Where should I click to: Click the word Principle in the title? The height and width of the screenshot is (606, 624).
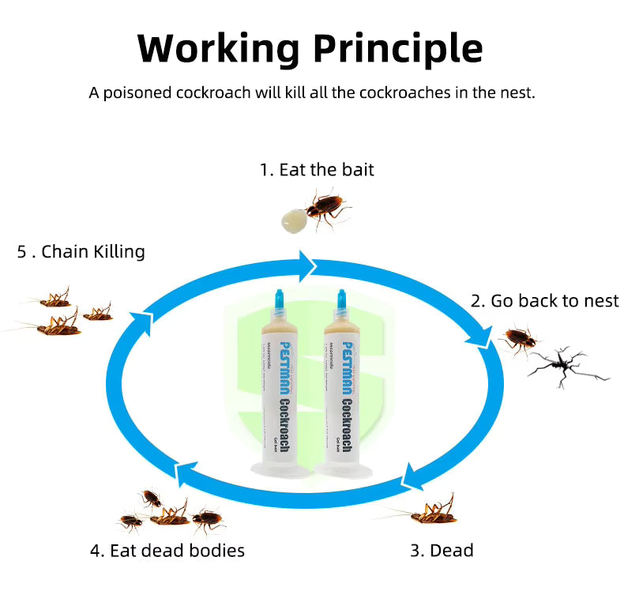(397, 48)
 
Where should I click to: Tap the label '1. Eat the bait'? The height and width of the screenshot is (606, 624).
(317, 169)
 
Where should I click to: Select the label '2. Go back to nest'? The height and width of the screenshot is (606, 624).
(545, 300)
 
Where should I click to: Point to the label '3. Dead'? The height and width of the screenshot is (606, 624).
(442, 550)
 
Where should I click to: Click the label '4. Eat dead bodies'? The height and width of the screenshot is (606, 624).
(167, 550)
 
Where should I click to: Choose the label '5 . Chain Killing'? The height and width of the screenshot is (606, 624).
(81, 251)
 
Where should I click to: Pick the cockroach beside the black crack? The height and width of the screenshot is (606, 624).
(520, 339)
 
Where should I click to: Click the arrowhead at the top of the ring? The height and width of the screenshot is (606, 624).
(306, 264)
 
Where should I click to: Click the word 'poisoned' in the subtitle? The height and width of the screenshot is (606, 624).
(139, 92)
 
